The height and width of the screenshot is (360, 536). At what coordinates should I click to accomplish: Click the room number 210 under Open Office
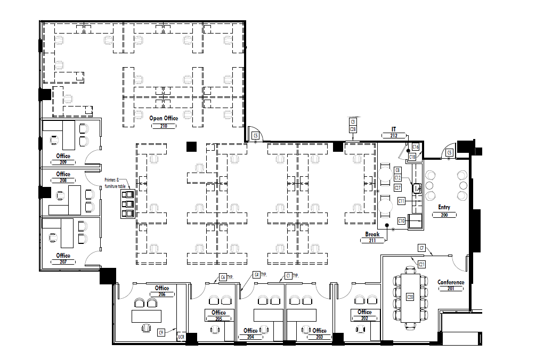click(x=164, y=126)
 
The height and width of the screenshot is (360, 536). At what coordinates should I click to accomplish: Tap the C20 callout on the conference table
click(x=410, y=297)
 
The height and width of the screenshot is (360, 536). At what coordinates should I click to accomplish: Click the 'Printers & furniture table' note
click(x=114, y=182)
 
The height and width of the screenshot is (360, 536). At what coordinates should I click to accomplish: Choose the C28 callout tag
click(x=353, y=129)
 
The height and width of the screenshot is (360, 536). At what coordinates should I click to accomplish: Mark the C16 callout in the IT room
click(x=416, y=146)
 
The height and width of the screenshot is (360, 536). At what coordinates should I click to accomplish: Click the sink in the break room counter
click(x=417, y=187)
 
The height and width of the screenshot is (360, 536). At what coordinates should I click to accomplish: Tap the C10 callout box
click(x=401, y=220)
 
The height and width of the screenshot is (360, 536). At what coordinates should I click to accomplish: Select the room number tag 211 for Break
click(x=372, y=241)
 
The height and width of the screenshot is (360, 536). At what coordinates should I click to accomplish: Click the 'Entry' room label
click(x=444, y=207)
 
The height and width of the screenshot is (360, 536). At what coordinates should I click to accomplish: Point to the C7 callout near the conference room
click(x=421, y=248)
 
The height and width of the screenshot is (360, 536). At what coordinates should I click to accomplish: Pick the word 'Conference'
click(x=451, y=282)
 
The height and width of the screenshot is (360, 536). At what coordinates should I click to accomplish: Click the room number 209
click(x=63, y=162)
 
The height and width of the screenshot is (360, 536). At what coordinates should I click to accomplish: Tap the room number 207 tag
click(x=63, y=262)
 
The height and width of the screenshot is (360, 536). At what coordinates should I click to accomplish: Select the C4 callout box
click(x=257, y=275)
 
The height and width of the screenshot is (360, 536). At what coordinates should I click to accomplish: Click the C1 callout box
click(x=288, y=275)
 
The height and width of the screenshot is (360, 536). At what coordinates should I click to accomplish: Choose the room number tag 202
click(x=364, y=318)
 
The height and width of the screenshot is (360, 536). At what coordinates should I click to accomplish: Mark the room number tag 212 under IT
click(x=394, y=136)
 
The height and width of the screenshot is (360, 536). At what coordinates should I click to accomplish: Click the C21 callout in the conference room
click(x=421, y=264)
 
